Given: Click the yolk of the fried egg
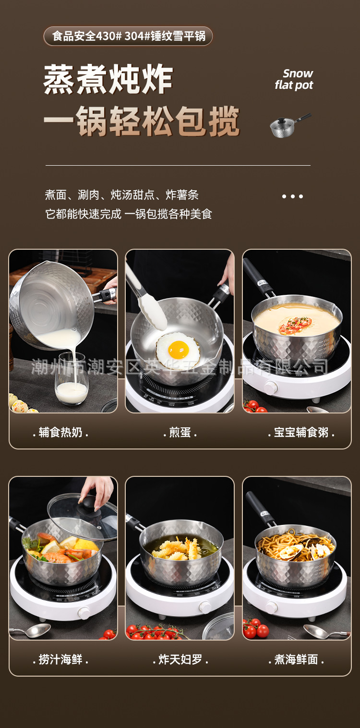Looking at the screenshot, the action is click(179, 350).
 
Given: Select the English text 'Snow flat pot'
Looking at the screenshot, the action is click(294, 79).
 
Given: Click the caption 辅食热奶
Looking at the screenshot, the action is click(60, 433).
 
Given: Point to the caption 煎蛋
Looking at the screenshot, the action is click(180, 433).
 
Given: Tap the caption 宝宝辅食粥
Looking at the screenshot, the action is click(301, 433).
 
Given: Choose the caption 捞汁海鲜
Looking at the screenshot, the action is click(60, 659).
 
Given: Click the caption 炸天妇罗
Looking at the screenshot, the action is click(180, 659).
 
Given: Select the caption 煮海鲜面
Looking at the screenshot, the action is click(296, 659).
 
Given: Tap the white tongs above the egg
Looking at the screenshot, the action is click(146, 297).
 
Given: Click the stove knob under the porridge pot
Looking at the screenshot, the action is click(271, 388).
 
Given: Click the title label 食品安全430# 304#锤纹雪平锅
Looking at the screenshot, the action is click(128, 36).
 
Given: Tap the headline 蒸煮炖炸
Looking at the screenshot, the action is click(108, 79).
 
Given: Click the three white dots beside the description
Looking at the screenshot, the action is click(292, 196).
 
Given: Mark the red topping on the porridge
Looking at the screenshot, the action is click(295, 325).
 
